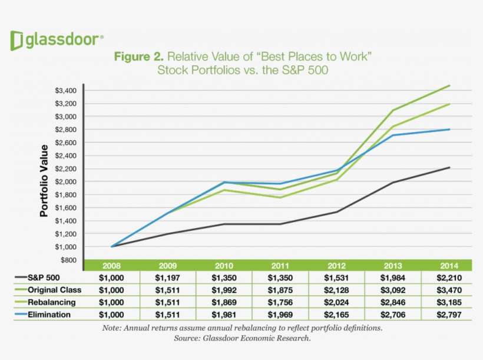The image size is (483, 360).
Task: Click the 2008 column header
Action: tap(112, 265)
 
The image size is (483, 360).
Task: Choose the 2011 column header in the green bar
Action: tap(280, 265)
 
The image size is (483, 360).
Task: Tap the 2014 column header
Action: tap(449, 265)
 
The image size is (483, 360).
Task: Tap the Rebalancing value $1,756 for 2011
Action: tap(280, 302)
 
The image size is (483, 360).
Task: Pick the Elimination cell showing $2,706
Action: tap(392, 315)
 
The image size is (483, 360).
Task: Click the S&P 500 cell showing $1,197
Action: tap(168, 278)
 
